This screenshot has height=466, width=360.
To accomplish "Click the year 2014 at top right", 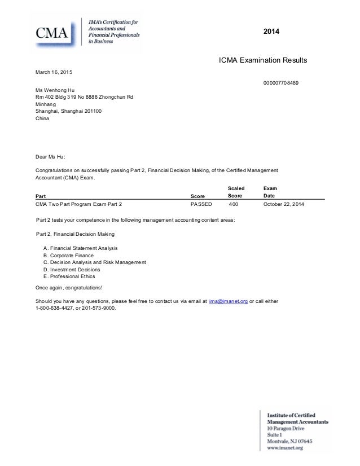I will [272, 32].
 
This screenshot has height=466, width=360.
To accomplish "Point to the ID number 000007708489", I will [280, 83].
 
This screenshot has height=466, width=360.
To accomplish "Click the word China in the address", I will [42, 119].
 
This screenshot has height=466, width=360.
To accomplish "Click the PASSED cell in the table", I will [201, 204].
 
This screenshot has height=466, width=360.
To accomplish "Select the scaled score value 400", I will [233, 204].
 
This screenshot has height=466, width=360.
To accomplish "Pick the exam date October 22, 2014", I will [283, 204].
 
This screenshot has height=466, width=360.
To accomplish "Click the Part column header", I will [41, 196].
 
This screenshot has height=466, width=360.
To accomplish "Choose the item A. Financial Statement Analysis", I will [81, 248].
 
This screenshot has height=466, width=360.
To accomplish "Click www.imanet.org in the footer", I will [286, 448].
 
